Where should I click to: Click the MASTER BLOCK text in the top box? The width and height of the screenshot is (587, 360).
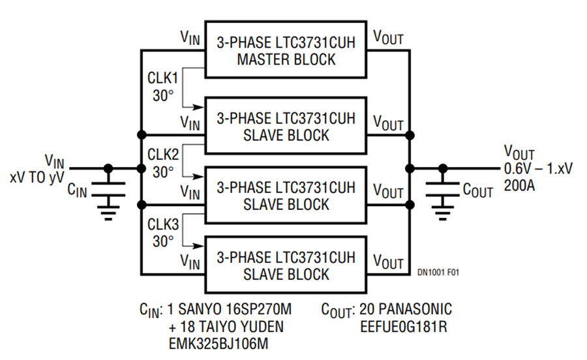click(286, 59)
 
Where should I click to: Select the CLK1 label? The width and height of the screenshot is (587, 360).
click(163, 78)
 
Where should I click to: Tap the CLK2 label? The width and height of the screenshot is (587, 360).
click(163, 154)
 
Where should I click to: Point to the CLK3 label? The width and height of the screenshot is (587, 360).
click(163, 224)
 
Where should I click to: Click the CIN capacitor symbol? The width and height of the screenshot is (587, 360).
click(108, 189)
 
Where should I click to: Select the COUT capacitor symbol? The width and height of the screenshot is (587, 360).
click(442, 189)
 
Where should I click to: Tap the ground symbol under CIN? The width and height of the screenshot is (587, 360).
click(108, 213)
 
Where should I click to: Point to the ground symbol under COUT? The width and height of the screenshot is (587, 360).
click(442, 213)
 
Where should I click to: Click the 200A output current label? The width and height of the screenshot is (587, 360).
click(519, 185)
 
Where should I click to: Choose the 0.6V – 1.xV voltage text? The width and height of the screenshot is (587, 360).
click(538, 169)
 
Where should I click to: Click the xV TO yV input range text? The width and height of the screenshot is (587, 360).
click(37, 177)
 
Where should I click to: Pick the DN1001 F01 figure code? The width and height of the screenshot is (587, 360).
click(438, 273)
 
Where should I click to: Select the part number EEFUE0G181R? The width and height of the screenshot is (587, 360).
click(404, 327)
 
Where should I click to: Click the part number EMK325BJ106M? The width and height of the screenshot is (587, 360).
click(218, 344)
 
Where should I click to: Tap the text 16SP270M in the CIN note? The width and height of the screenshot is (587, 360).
click(259, 309)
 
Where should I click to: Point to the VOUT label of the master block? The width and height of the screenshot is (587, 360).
click(388, 37)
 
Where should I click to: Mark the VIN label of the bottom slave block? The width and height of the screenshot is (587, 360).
click(190, 262)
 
